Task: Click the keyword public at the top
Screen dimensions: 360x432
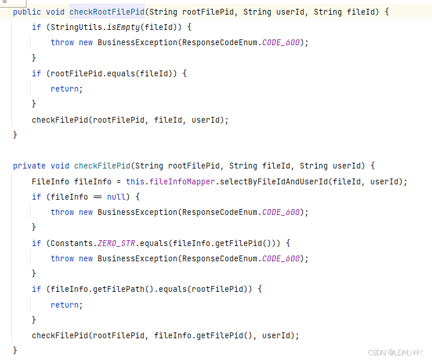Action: [x=26, y=12]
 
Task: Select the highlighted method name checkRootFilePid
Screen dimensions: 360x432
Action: [x=106, y=12]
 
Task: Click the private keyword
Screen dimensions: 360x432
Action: [x=29, y=166]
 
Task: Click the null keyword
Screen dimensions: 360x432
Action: [x=116, y=197]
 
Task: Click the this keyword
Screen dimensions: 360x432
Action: [x=135, y=181]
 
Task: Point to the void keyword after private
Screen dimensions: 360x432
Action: [x=60, y=166]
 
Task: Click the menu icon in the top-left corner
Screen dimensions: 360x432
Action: [x=4, y=2]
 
